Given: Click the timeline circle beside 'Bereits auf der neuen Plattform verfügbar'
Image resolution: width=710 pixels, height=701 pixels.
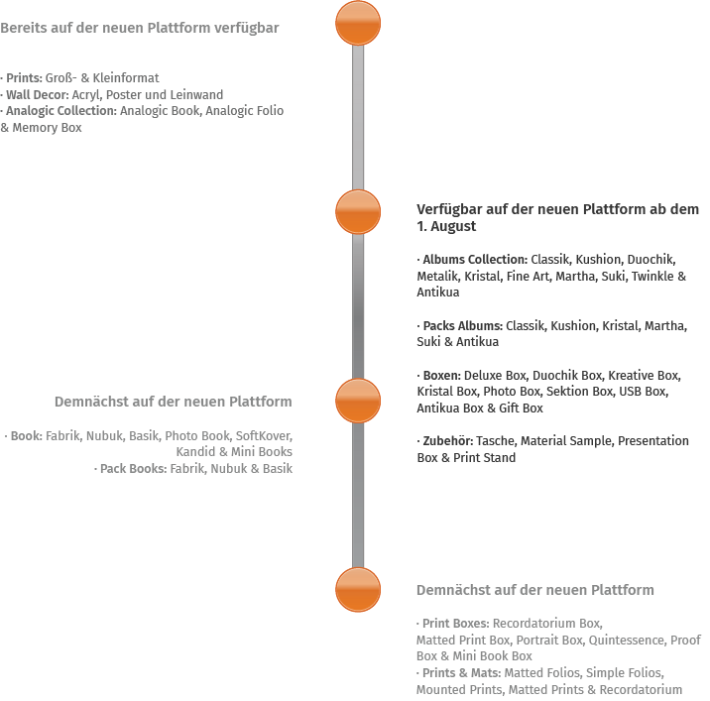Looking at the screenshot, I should click(x=358, y=23).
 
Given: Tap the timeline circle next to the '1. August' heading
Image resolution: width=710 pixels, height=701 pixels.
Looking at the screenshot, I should click(x=358, y=211).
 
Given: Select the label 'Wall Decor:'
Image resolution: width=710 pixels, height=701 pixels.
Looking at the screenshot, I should click(x=37, y=95).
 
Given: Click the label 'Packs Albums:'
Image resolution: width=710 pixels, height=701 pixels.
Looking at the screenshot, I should click(x=463, y=325).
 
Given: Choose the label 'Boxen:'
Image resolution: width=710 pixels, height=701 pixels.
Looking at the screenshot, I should click(x=441, y=376).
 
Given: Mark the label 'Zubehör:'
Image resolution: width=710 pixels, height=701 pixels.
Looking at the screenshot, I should click(x=447, y=441).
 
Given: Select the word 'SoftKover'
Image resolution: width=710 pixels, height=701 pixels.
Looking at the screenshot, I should click(x=264, y=436).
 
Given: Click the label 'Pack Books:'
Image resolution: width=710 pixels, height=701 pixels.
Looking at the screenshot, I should click(x=133, y=469).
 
